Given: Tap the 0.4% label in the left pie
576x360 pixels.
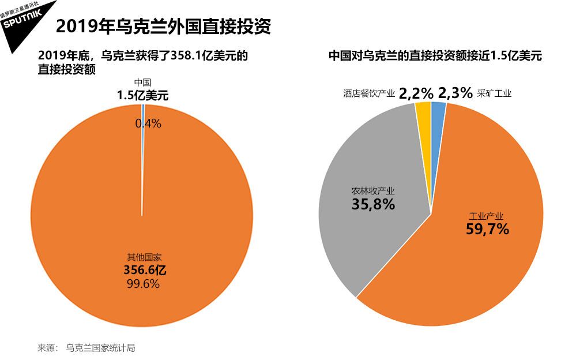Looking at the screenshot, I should (148, 123).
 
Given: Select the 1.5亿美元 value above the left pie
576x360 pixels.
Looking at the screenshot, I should (142, 96).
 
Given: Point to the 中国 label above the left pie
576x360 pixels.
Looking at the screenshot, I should (142, 84).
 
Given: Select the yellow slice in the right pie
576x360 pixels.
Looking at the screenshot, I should (424, 110).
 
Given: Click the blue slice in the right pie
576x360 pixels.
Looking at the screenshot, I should (438, 109).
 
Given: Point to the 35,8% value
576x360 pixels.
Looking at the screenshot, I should (373, 204).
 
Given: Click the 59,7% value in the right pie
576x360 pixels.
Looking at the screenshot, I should (487, 229).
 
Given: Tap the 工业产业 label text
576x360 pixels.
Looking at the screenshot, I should (487, 216).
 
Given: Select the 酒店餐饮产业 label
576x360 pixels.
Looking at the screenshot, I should (368, 93).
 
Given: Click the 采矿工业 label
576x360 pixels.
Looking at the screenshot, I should (494, 93).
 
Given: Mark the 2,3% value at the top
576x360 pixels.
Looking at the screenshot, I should (455, 93).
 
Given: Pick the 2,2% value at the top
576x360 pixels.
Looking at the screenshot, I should (416, 93).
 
